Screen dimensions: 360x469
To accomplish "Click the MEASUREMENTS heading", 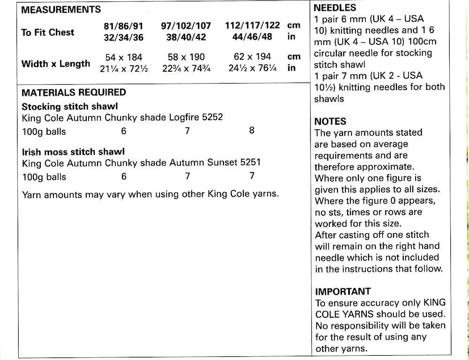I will point(61,9).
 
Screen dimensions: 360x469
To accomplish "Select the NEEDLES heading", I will point(334,8).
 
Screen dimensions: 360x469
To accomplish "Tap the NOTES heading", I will point(330,121).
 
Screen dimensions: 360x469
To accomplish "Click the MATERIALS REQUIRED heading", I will point(74,92).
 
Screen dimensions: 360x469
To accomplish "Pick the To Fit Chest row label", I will point(47,32).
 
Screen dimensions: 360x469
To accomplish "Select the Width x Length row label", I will point(56,63).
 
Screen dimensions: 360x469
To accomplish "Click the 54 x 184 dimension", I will point(124,57).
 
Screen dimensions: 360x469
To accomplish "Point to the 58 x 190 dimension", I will point(186,57).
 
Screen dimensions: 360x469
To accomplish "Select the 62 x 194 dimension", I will point(252,57).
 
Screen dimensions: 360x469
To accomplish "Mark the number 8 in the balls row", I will point(251,131).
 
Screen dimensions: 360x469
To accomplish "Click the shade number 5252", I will point(212,117).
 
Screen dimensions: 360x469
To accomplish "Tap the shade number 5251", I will point(251,162).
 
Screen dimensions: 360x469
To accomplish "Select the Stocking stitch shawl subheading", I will point(69,106).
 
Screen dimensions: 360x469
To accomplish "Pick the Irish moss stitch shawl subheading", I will point(73,152).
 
